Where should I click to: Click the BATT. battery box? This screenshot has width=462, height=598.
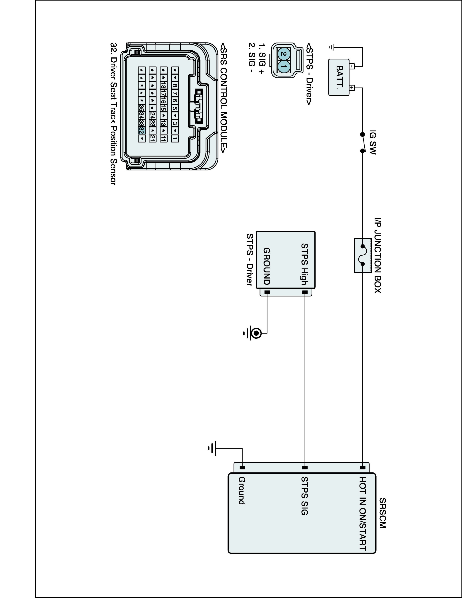point(339,77)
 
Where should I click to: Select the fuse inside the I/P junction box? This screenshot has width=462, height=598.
point(363,255)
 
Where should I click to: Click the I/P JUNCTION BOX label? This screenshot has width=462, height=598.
point(378,255)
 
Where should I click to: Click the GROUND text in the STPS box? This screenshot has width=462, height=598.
point(267,266)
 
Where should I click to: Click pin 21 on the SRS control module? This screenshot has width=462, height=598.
point(152,138)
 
